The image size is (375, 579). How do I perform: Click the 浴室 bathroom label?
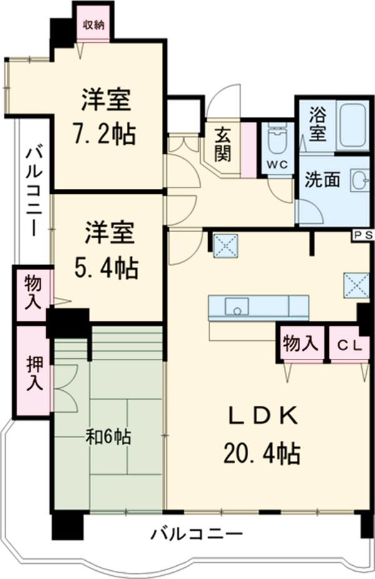(318, 124)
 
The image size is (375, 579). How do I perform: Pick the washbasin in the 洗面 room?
(360, 179)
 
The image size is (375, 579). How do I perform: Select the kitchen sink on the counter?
(237, 306)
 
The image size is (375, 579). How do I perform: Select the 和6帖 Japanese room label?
(107, 437)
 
